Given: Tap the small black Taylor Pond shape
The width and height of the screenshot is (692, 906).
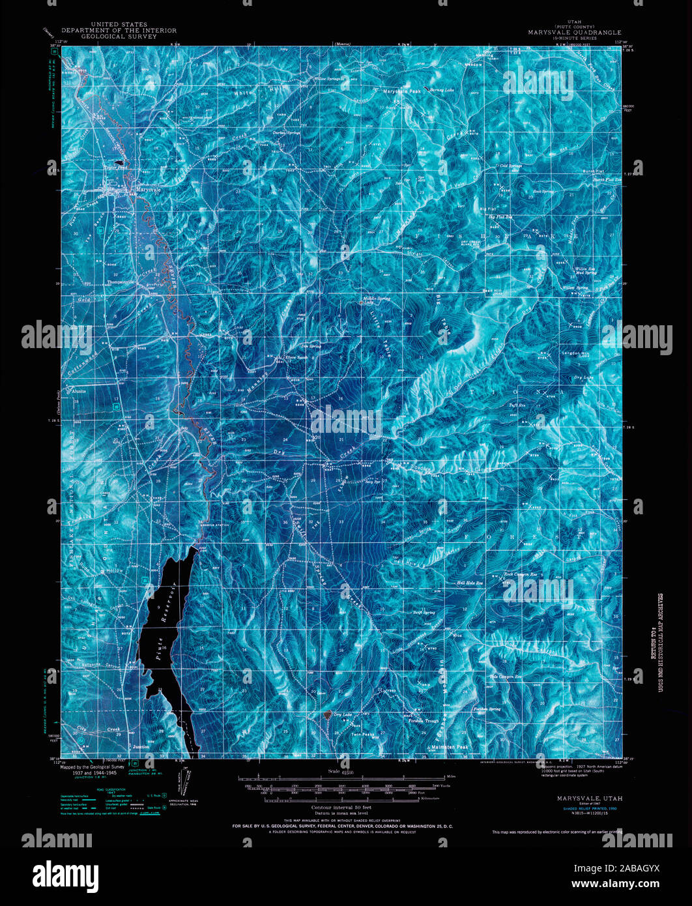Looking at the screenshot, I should (119, 163).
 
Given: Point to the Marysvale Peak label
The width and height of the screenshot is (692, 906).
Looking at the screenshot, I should (402, 91).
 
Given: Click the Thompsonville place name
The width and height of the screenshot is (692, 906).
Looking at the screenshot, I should (121, 282).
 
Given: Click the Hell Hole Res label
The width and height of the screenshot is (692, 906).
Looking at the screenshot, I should (469, 583).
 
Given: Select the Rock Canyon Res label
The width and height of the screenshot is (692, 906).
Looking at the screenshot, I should (519, 575).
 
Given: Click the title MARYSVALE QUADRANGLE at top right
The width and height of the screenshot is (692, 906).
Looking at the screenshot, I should (575, 32).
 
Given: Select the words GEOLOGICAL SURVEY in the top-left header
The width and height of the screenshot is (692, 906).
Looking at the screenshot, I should (119, 37).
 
